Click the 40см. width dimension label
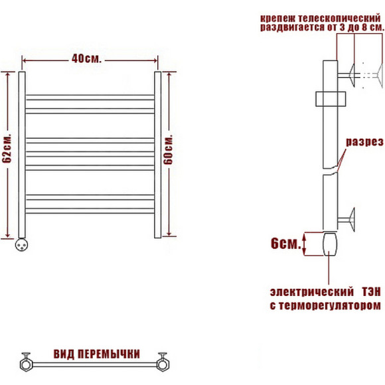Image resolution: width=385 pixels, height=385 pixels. [x=86, y=59]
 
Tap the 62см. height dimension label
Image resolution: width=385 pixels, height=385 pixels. [x=7, y=149]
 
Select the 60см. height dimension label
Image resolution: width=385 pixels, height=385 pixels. [x=169, y=149]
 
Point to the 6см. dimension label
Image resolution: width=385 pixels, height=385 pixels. [x=286, y=244]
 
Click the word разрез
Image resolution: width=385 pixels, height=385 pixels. [x=364, y=142]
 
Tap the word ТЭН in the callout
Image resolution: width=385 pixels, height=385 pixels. [x=371, y=292]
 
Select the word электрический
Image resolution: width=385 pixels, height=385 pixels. [x=311, y=292]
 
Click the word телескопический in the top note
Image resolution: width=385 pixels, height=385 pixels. [x=339, y=19]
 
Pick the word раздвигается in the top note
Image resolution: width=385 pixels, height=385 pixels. [x=292, y=27]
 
